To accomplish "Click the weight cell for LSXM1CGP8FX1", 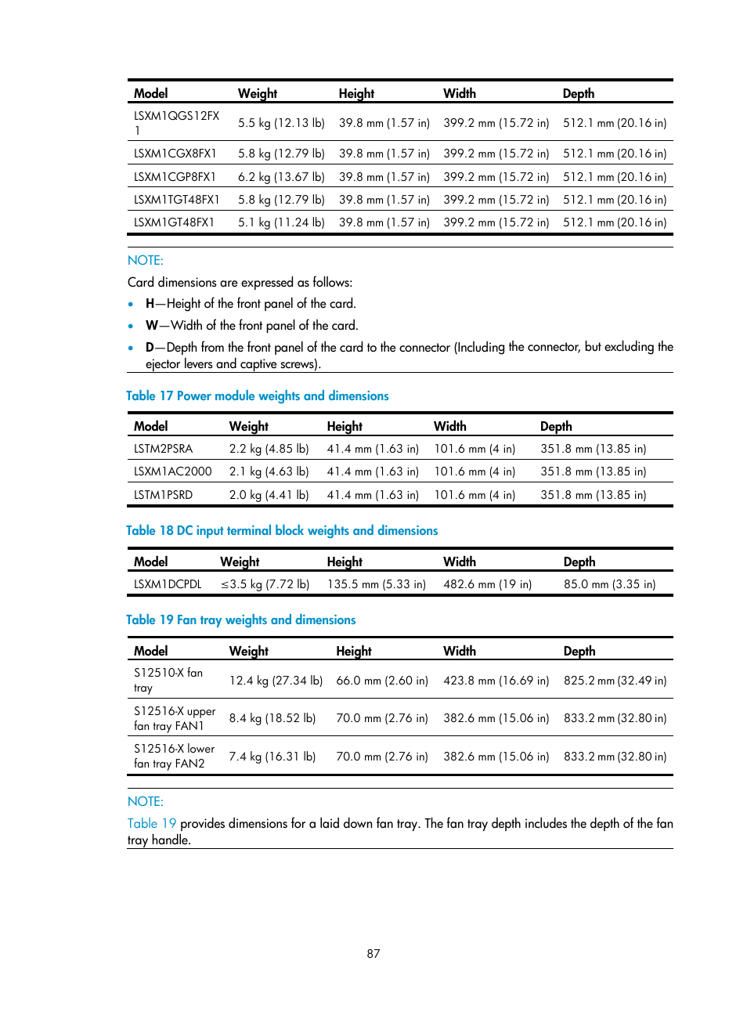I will pyautogui.click(x=281, y=177).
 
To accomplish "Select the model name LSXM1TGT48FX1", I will pyautogui.click(x=176, y=200).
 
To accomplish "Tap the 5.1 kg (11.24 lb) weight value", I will pyautogui.click(x=281, y=222).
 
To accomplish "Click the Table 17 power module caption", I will pyautogui.click(x=257, y=396).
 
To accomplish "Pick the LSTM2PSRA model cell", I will pyautogui.click(x=163, y=449).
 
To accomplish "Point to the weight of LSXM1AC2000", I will pyautogui.click(x=269, y=471).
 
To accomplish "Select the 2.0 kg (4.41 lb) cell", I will pyautogui.click(x=269, y=495).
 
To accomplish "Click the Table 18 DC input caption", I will pyautogui.click(x=282, y=531).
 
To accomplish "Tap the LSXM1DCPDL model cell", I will pyautogui.click(x=168, y=584).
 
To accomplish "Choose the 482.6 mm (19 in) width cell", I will pyautogui.click(x=487, y=584).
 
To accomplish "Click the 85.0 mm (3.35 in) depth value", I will pyautogui.click(x=609, y=584).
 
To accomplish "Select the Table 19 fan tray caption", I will pyautogui.click(x=240, y=620).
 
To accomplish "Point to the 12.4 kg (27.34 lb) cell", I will pyautogui.click(x=276, y=681).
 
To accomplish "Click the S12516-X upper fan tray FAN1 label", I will pyautogui.click(x=174, y=718).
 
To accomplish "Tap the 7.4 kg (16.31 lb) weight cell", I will pyautogui.click(x=272, y=757).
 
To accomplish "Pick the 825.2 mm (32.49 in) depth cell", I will pyautogui.click(x=615, y=681).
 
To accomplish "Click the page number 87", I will pyautogui.click(x=373, y=954).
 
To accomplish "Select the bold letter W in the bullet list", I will pyautogui.click(x=151, y=326).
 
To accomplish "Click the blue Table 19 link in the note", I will pyautogui.click(x=151, y=824).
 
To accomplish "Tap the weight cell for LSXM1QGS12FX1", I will pyautogui.click(x=281, y=123).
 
